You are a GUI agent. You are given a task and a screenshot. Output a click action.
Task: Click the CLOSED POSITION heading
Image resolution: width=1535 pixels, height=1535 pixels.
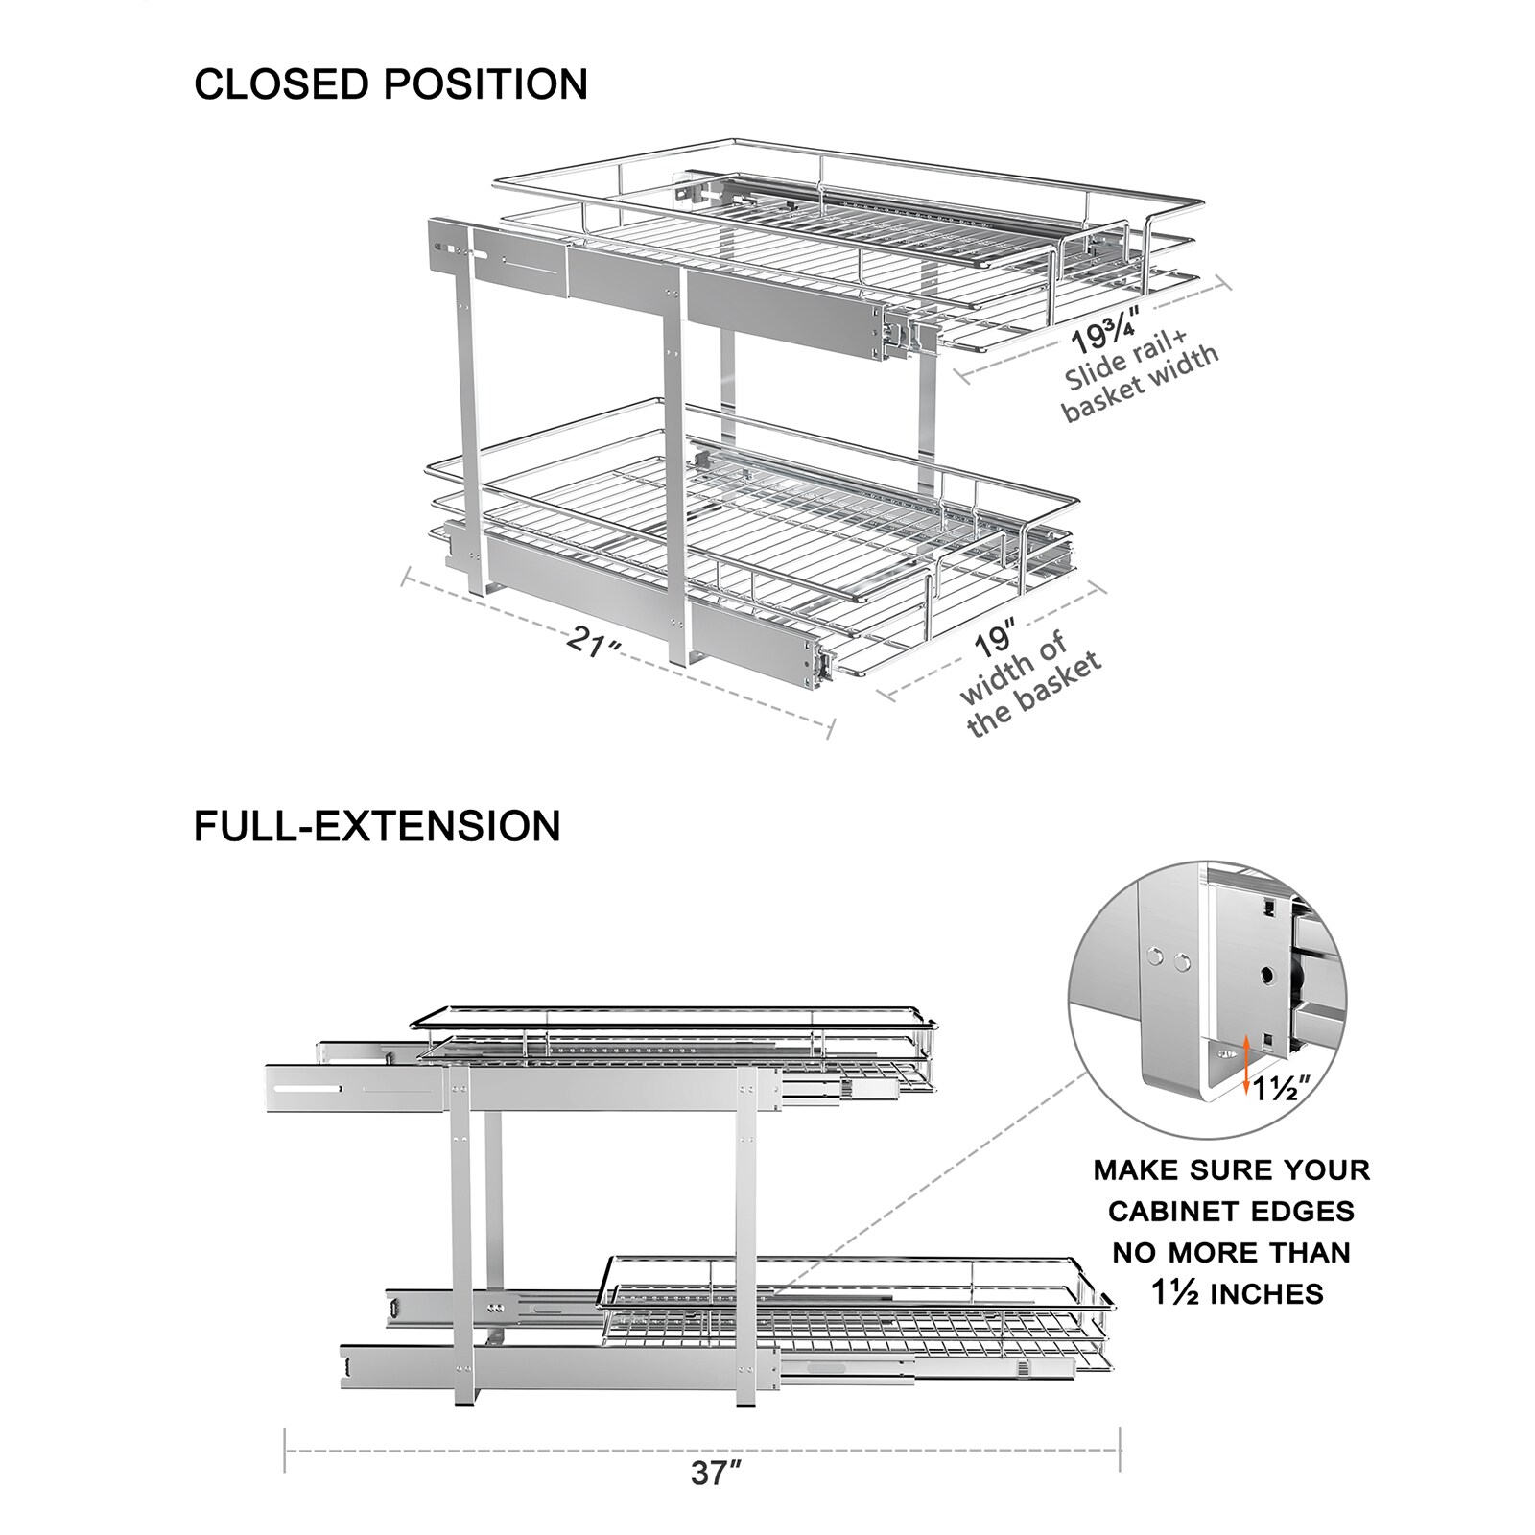tap(390, 84)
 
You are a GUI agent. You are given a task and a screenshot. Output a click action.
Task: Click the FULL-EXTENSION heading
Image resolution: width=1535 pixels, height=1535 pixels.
tap(377, 826)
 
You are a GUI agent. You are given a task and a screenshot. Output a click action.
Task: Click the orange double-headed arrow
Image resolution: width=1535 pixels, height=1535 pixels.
tap(1245, 1065)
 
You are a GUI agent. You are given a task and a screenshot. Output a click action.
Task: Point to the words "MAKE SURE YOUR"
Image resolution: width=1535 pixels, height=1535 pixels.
tap(1232, 1170)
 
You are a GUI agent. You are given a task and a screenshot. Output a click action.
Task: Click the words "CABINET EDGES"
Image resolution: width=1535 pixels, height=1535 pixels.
tap(1232, 1212)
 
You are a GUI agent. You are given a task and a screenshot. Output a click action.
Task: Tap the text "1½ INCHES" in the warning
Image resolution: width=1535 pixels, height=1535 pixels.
tap(1237, 1293)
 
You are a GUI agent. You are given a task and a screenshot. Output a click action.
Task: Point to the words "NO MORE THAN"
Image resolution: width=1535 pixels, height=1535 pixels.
tap(1232, 1252)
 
